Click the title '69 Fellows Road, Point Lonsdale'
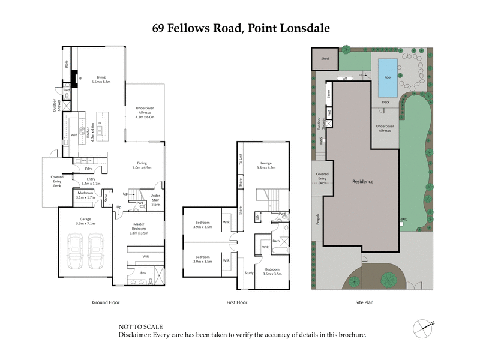tap(240, 28)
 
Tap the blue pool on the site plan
tap(386, 77)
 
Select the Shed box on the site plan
tap(325, 59)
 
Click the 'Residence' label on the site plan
tap(362, 181)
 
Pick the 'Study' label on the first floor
tap(249, 273)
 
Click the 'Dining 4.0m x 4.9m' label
tap(143, 166)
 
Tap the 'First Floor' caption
tap(237, 302)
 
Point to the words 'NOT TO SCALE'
tap(141, 327)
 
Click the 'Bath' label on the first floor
tap(276, 241)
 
